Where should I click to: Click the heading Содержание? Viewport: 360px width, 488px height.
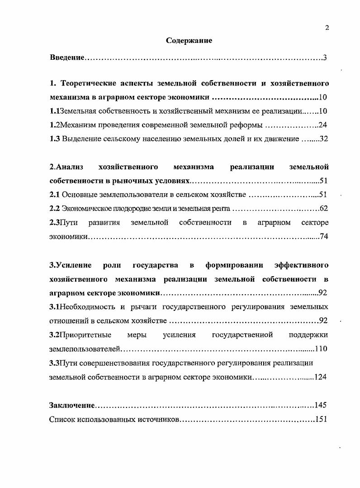pyautogui.click(x=189, y=41)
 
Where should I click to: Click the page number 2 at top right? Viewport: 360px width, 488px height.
pyautogui.click(x=327, y=28)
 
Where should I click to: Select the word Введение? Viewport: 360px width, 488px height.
pyautogui.click(x=67, y=58)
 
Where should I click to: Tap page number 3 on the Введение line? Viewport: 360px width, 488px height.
pyautogui.click(x=325, y=58)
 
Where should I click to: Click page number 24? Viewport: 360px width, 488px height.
pyautogui.click(x=322, y=125)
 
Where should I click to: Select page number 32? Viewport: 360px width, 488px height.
pyautogui.click(x=323, y=139)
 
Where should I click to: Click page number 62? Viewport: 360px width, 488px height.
pyautogui.click(x=323, y=209)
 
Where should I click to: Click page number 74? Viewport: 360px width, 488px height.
pyautogui.click(x=323, y=236)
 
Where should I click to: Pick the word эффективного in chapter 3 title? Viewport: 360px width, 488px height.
pyautogui.click(x=301, y=264)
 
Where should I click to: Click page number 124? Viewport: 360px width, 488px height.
pyautogui.click(x=320, y=377)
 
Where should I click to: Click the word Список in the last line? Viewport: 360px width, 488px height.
pyautogui.click(x=62, y=419)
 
